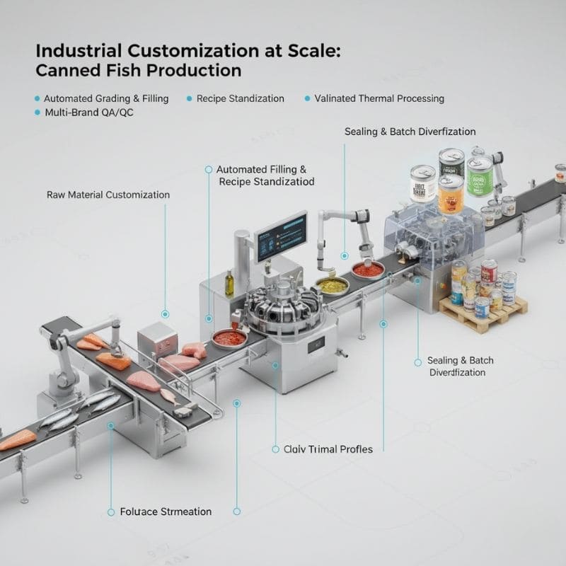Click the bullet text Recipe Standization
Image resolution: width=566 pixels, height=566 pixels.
pyautogui.click(x=240, y=98)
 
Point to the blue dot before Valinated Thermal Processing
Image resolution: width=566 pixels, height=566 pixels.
pyautogui.click(x=308, y=99)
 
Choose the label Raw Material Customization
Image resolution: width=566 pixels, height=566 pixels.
pyautogui.click(x=108, y=195)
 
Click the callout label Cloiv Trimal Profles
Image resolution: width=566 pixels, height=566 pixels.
pyautogui.click(x=328, y=449)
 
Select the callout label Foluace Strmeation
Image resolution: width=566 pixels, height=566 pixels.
pyautogui.click(x=166, y=511)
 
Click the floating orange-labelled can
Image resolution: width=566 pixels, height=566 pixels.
pyautogui.click(x=451, y=195)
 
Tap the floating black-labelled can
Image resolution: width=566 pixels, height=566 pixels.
pyautogui.click(x=451, y=162)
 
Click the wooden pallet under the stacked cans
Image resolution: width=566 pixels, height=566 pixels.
pyautogui.click(x=484, y=311)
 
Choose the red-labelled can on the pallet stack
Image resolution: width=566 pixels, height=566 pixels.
pyautogui.click(x=489, y=271)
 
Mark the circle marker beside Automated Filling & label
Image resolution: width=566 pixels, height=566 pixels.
pyautogui.click(x=208, y=170)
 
